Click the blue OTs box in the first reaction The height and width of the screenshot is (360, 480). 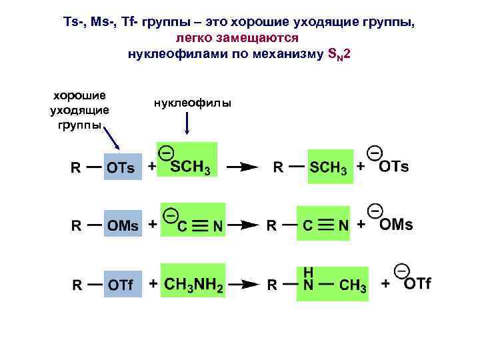coord(123,167)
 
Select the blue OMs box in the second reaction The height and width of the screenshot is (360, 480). coord(123,225)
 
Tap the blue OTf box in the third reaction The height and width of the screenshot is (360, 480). coord(123,285)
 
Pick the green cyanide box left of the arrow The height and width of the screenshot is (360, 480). coord(193,221)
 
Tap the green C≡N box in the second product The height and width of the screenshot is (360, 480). coord(325,225)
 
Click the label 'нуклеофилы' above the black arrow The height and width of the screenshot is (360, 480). coord(192,103)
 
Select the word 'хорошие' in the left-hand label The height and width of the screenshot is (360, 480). coord(79,95)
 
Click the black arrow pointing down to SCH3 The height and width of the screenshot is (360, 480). coord(187,123)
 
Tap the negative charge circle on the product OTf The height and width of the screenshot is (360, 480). coord(401,271)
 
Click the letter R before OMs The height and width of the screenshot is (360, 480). coord(76,226)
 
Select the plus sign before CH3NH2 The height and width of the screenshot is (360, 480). coord(153,284)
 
